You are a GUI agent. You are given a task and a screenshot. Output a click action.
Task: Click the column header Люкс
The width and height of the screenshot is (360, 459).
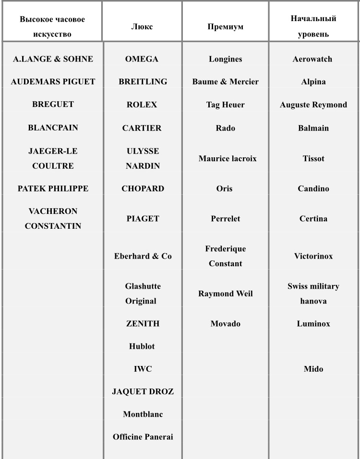[x=142, y=27]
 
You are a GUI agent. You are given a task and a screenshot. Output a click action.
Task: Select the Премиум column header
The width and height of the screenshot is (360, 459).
[x=225, y=27]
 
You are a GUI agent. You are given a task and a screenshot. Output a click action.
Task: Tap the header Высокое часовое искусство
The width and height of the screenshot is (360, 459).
[x=52, y=27]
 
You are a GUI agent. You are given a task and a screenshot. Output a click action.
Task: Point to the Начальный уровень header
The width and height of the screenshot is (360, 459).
[x=313, y=27]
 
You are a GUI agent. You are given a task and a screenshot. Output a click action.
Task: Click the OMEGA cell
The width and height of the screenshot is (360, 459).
[x=142, y=59]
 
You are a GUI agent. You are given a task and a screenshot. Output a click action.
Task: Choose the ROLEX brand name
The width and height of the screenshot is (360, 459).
[x=142, y=105]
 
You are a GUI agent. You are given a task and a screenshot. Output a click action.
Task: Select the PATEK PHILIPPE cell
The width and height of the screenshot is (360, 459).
[x=53, y=188]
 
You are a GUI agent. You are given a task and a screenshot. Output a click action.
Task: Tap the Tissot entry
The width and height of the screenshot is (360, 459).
[x=313, y=158]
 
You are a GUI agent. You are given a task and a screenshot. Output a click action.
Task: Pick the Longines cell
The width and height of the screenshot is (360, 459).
[x=225, y=59]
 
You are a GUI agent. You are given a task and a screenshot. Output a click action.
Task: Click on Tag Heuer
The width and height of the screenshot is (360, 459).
[x=225, y=105]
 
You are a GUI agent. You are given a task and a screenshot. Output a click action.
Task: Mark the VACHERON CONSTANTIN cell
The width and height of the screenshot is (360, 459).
[x=53, y=218]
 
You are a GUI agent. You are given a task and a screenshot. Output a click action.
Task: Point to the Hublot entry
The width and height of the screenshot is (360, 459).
[x=142, y=346]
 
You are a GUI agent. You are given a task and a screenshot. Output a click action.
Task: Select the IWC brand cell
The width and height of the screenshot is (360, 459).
[x=143, y=369]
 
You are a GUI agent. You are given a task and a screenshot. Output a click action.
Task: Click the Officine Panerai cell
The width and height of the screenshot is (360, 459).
[x=143, y=437]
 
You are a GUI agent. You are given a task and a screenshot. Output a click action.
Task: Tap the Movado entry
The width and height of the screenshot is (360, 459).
[x=225, y=324]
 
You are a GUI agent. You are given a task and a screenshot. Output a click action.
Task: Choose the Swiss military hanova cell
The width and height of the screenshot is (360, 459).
[x=313, y=294]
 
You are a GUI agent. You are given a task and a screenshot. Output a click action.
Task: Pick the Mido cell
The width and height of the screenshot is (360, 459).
[x=313, y=369]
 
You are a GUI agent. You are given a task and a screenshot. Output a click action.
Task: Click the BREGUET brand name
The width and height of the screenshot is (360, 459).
[x=53, y=105]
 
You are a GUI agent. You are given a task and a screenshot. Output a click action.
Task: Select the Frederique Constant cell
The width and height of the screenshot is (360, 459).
[x=225, y=256]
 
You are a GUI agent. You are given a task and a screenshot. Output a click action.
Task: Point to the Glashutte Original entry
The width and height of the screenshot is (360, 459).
[x=142, y=294]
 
